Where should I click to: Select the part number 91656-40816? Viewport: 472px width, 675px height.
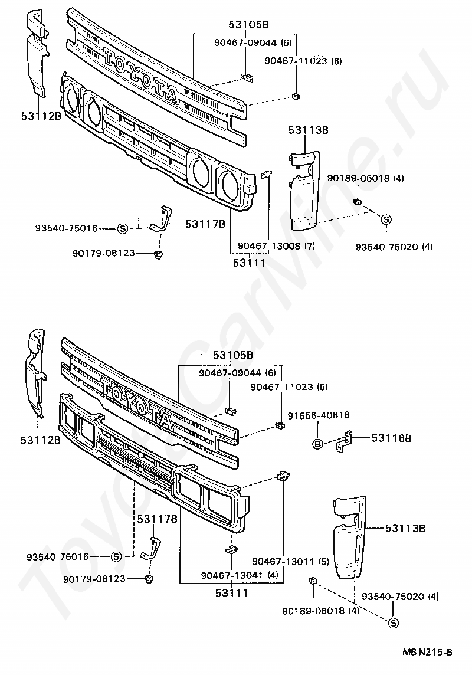coord(318,415)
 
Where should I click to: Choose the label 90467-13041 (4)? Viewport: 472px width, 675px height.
coord(231,575)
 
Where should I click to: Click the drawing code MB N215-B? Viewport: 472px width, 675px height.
coord(428,651)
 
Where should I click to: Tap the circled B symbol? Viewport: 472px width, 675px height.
coord(317,444)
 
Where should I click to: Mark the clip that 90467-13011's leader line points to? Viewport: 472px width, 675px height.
coord(283,475)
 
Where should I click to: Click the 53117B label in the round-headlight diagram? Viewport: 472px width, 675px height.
coord(205,224)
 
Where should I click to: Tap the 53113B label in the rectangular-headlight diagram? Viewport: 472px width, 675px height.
coord(405,529)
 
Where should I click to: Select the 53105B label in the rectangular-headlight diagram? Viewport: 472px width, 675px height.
coord(232,355)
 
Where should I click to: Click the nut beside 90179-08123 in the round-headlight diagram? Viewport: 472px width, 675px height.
coord(158,254)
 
